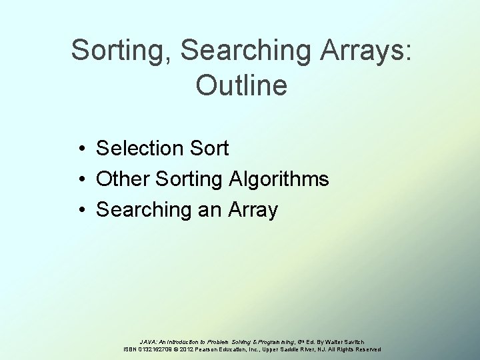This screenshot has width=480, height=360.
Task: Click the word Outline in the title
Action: (241, 85)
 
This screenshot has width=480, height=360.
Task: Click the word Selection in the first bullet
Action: (138, 148)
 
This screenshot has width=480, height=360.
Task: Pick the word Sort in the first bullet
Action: (207, 148)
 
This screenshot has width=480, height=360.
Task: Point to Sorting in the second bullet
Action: (183, 179)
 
